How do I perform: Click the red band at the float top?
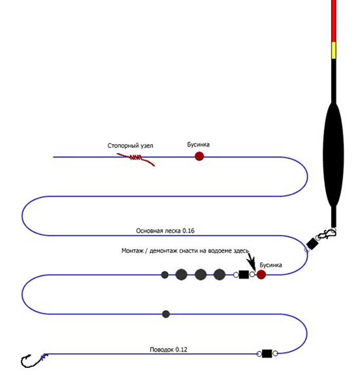coord(334,21)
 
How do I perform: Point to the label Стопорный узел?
coord(130,146)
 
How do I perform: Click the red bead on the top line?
coord(200,156)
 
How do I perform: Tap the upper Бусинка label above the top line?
coord(199,145)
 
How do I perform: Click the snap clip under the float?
coord(327,236)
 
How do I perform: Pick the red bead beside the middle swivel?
coord(261,275)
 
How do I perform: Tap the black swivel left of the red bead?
coord(244,275)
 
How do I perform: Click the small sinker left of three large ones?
coord(165,275)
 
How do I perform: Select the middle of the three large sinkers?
coord(201,275)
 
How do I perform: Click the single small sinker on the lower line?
coord(166,314)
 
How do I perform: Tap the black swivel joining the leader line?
coord(266,353)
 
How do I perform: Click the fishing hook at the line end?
coord(31,360)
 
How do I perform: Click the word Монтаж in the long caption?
coord(133,251)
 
